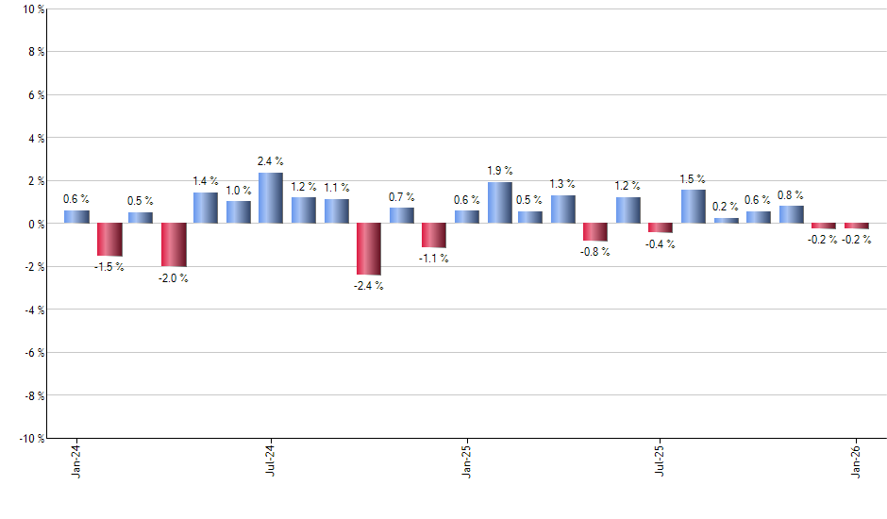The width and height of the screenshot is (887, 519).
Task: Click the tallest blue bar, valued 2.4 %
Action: (x=271, y=198)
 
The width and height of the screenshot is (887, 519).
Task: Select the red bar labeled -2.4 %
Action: (x=368, y=249)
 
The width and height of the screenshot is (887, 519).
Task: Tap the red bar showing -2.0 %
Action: (x=174, y=245)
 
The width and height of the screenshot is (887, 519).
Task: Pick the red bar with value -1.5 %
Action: (x=109, y=240)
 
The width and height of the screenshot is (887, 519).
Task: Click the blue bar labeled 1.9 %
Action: (x=499, y=203)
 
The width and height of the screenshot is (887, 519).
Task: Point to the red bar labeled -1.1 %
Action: (x=433, y=235)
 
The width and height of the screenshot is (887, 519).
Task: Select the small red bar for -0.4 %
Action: (x=661, y=227)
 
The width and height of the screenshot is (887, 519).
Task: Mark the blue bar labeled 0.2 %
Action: (x=726, y=221)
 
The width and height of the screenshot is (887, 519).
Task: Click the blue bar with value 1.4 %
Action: (x=206, y=209)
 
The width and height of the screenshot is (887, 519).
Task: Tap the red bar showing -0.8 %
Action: (x=595, y=232)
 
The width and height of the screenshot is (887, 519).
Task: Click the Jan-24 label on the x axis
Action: (x=75, y=460)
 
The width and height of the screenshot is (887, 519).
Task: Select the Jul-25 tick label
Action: (x=660, y=460)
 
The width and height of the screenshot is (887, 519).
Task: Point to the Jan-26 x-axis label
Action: (x=856, y=460)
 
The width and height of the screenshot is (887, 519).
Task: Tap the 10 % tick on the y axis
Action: (x=32, y=9)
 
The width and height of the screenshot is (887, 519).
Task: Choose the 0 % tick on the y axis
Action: (x=35, y=224)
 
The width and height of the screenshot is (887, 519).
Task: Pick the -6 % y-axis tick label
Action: (x=33, y=353)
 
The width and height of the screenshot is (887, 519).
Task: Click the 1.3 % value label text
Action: (x=563, y=184)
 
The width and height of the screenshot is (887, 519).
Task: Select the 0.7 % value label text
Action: (x=401, y=196)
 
